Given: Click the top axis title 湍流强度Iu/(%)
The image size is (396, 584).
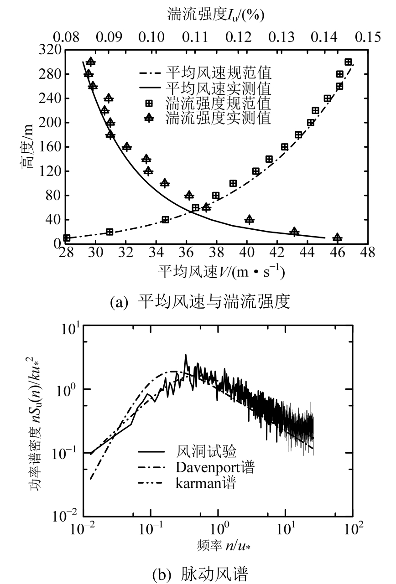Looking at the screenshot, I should tap(216, 15).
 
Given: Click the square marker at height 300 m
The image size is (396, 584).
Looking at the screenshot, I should tap(349, 62).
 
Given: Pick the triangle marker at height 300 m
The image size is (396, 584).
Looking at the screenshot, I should tap(91, 62).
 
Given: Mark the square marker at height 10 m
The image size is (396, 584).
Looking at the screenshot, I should tap(67, 238).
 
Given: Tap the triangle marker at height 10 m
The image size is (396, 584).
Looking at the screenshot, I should tap(337, 238).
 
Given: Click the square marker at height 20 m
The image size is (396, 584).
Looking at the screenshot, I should tap(109, 232).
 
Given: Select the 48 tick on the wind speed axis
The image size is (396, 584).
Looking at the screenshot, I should tap(368, 251).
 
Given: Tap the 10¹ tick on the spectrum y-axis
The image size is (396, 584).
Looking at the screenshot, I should tap(71, 328).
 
